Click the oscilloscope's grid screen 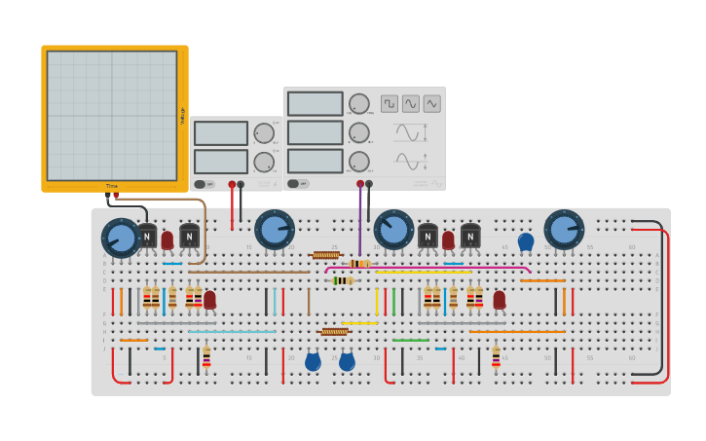[x=112, y=116]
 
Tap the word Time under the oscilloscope [x=112, y=186]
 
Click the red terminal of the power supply [x=232, y=183]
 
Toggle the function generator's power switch [x=293, y=183]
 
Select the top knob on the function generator [x=359, y=104]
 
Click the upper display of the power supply [x=221, y=133]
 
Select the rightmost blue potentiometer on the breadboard [x=564, y=230]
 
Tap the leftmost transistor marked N [x=146, y=236]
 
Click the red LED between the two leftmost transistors [x=167, y=239]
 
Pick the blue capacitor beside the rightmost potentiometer [x=526, y=241]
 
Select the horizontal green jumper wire [x=411, y=341]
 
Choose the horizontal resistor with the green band [x=342, y=280]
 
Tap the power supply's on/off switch [x=200, y=184]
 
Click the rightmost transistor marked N [x=470, y=236]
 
